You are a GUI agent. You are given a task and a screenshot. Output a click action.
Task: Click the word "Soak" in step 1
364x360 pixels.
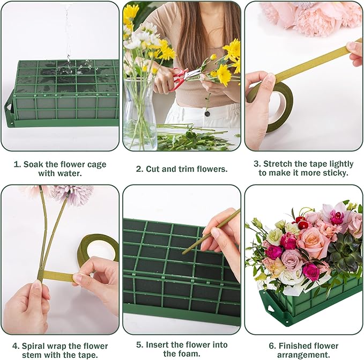click(x=35, y=164)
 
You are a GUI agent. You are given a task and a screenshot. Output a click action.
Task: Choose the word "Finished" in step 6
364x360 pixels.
click(x=294, y=346)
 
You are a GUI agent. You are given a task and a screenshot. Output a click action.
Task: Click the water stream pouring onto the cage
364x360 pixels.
click(x=68, y=38)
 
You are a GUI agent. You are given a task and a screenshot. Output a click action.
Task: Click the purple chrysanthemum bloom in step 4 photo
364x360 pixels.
click(x=72, y=194)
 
